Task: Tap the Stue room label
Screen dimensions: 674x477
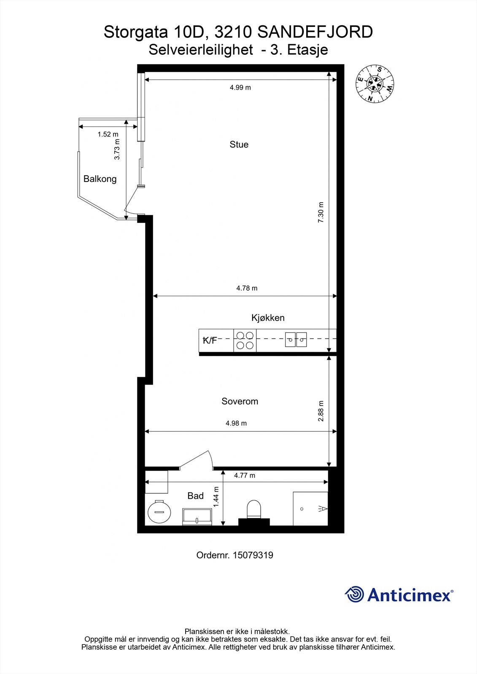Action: [239, 144]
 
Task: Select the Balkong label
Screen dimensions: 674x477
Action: [100, 179]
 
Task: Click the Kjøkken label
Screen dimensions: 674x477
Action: [268, 318]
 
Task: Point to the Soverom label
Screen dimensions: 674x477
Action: [240, 401]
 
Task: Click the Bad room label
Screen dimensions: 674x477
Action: [195, 496]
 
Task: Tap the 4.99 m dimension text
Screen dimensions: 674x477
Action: [240, 88]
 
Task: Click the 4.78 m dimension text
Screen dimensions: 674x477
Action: [247, 289]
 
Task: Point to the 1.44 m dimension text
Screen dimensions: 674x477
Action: [216, 497]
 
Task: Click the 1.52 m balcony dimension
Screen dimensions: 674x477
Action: [108, 134]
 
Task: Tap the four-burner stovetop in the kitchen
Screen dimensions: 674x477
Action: [245, 341]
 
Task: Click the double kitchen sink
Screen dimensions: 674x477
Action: [296, 340]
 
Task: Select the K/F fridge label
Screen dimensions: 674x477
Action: [210, 340]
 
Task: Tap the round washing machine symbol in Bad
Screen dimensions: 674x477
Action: [159, 512]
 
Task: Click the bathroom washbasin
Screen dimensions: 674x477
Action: [197, 516]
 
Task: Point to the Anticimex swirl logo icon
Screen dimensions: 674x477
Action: [354, 594]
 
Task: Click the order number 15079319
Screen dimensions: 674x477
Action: [234, 555]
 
